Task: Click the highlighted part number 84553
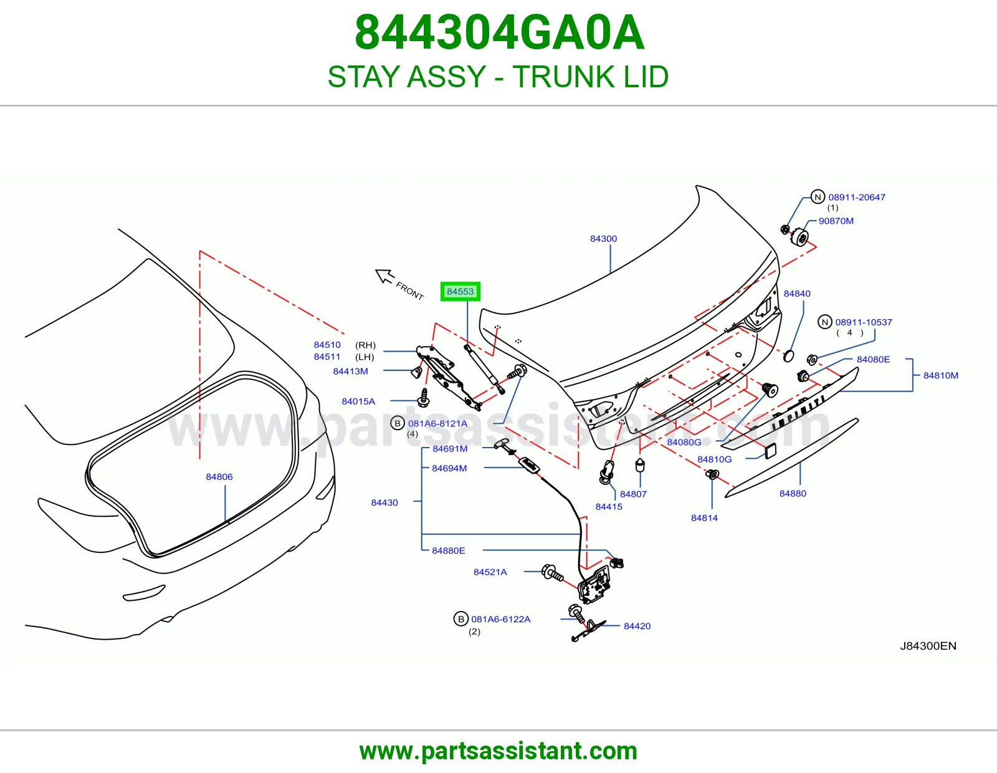click(x=460, y=292)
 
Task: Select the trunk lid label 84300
click(x=603, y=239)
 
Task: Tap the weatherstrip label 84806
click(x=219, y=477)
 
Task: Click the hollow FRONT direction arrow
click(x=384, y=276)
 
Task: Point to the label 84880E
click(x=448, y=550)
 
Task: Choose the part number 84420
click(x=637, y=626)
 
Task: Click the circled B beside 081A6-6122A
click(x=460, y=619)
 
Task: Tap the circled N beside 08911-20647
click(x=818, y=197)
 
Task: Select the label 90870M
click(x=836, y=221)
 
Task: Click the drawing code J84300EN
click(x=928, y=646)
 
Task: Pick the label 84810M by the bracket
click(x=940, y=375)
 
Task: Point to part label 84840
click(x=797, y=294)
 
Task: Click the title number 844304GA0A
click(x=499, y=32)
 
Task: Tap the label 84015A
click(x=358, y=401)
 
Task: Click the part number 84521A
click(x=490, y=572)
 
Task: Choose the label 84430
click(x=384, y=502)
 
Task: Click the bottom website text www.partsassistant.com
click(x=499, y=751)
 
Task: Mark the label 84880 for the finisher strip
click(x=793, y=494)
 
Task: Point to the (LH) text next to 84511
click(x=365, y=357)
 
